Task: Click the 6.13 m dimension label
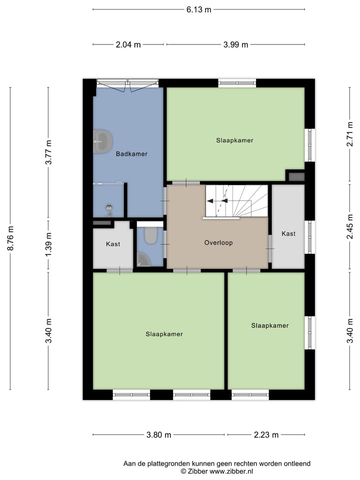199,9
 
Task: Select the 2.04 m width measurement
128,44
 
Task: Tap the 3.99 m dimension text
235,44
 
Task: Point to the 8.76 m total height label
10,238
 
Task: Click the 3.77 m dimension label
48,152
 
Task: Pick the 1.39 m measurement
48,245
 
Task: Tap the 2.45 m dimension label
350,226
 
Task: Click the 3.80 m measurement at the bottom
159,434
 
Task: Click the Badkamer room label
131,154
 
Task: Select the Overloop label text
218,243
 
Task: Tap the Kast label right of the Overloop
288,233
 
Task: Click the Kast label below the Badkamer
113,244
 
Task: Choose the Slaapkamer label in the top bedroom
234,140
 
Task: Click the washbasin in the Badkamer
102,141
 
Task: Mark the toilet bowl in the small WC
151,236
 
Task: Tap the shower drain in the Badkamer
109,207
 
